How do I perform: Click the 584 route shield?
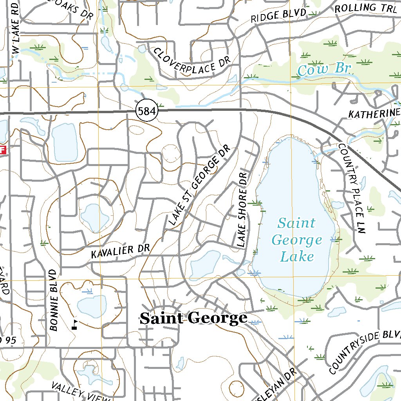147,112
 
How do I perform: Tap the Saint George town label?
193,318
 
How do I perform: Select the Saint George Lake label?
297,240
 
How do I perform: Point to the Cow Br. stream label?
325,70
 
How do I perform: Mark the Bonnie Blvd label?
54,300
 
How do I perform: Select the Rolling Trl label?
366,8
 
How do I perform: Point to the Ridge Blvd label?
278,16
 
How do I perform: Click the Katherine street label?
374,114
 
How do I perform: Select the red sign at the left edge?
3,150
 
